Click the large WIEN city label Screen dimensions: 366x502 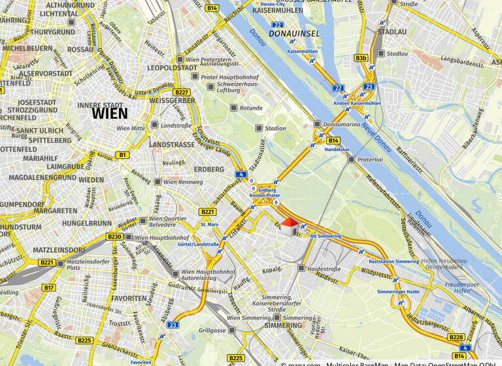pos(110,113)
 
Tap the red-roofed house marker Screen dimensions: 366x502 pos(289,227)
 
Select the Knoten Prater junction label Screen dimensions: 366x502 pos(265,195)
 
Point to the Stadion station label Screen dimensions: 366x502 pos(275,128)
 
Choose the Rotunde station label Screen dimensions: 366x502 pos(251,108)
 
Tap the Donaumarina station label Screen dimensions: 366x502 pos(342,124)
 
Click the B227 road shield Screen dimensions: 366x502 pos(181,92)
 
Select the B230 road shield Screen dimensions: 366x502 pos(114,237)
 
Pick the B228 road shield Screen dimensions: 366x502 pos(456,337)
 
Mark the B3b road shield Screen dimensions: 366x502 pos(361,58)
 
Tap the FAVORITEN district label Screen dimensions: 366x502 pos(129,298)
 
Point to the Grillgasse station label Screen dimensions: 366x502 pos(213,330)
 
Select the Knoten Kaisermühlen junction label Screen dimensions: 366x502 pos(357,103)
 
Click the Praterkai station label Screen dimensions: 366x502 pos(369,158)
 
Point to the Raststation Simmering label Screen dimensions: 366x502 pos(390,261)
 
